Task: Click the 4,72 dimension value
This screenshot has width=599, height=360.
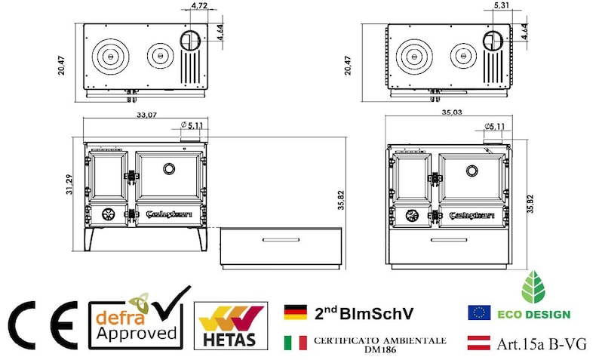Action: point(200,6)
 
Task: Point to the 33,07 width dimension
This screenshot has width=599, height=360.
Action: point(146,115)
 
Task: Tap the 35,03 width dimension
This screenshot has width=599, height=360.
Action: point(450,112)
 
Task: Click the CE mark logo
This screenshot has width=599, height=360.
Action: point(42,325)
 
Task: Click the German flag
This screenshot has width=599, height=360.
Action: point(295,312)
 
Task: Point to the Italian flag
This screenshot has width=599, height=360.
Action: point(295,343)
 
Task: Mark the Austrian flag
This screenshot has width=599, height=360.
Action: point(479,343)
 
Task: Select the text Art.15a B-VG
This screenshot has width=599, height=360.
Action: point(539,344)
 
